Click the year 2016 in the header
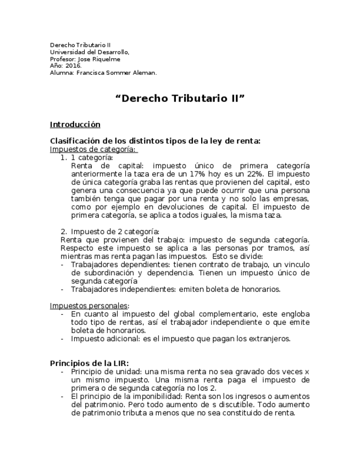tap(73, 65)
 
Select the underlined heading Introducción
tap(75, 125)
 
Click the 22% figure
tap(257, 173)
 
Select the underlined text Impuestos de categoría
tap(93, 149)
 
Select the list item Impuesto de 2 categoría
tap(115, 231)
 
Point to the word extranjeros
tap(269, 339)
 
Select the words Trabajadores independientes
tap(118, 289)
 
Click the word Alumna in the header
tap(61, 72)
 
